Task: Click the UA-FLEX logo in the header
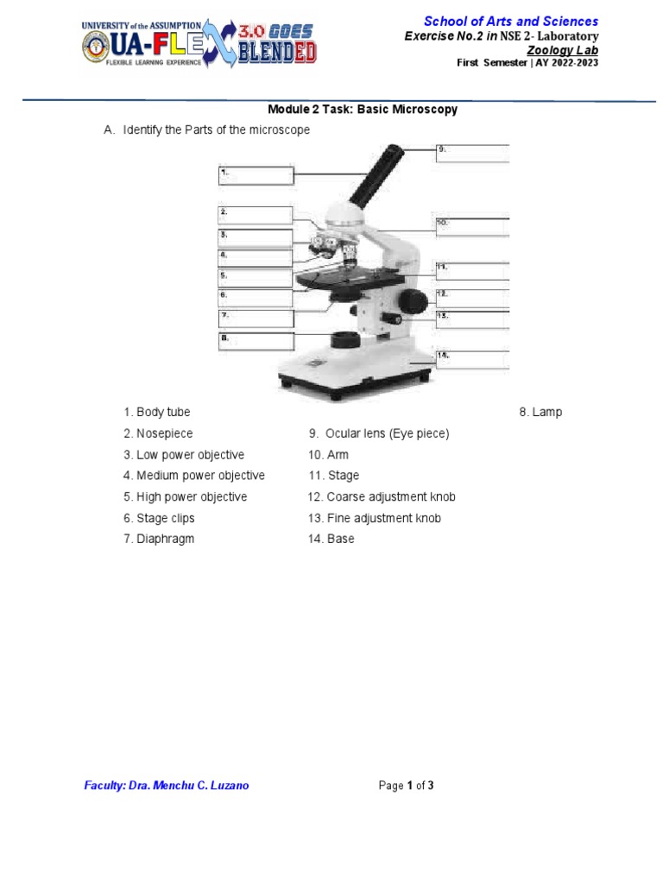(199, 43)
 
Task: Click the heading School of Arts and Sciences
(510, 22)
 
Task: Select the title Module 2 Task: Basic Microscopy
(363, 110)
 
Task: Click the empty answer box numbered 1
(256, 176)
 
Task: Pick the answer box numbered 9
(472, 153)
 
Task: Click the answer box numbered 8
(256, 341)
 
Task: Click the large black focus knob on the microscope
(413, 300)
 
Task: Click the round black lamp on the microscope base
(346, 338)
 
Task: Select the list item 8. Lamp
(540, 413)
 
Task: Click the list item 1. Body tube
(156, 413)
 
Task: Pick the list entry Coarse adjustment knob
(382, 497)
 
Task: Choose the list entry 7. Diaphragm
(159, 540)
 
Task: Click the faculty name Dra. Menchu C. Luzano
(167, 786)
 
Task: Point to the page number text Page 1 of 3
(407, 786)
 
